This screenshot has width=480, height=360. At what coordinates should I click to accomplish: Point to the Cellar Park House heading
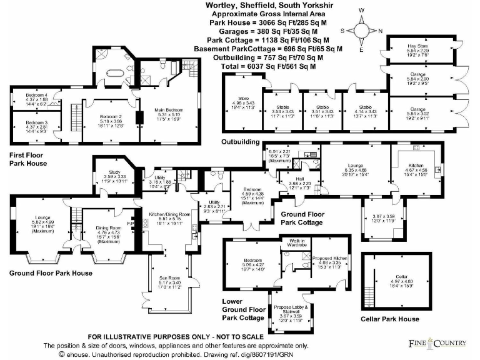point(391,319)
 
